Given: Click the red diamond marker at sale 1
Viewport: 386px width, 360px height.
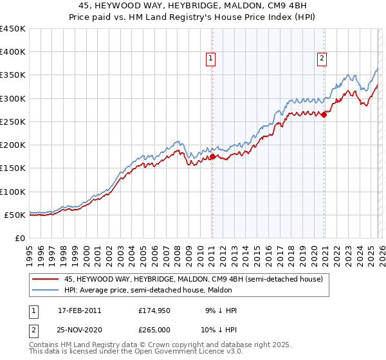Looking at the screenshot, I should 212,156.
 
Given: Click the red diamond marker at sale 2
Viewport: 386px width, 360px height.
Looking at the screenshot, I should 324,115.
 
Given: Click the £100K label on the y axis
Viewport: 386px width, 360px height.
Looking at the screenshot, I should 13,192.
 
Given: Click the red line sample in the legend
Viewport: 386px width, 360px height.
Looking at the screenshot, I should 45,279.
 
